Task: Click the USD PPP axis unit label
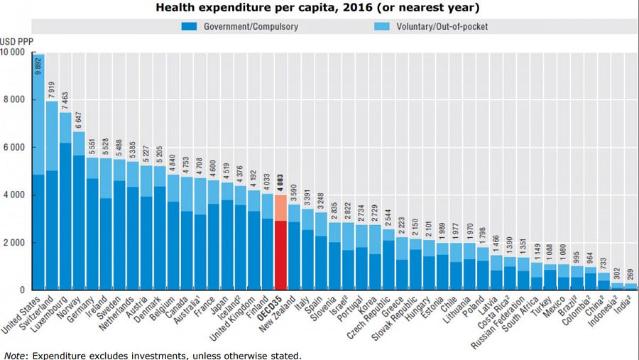pos(13,40)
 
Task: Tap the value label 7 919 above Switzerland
pos(52,90)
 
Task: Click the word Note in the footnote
pos(13,355)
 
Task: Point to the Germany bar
pos(92,227)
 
